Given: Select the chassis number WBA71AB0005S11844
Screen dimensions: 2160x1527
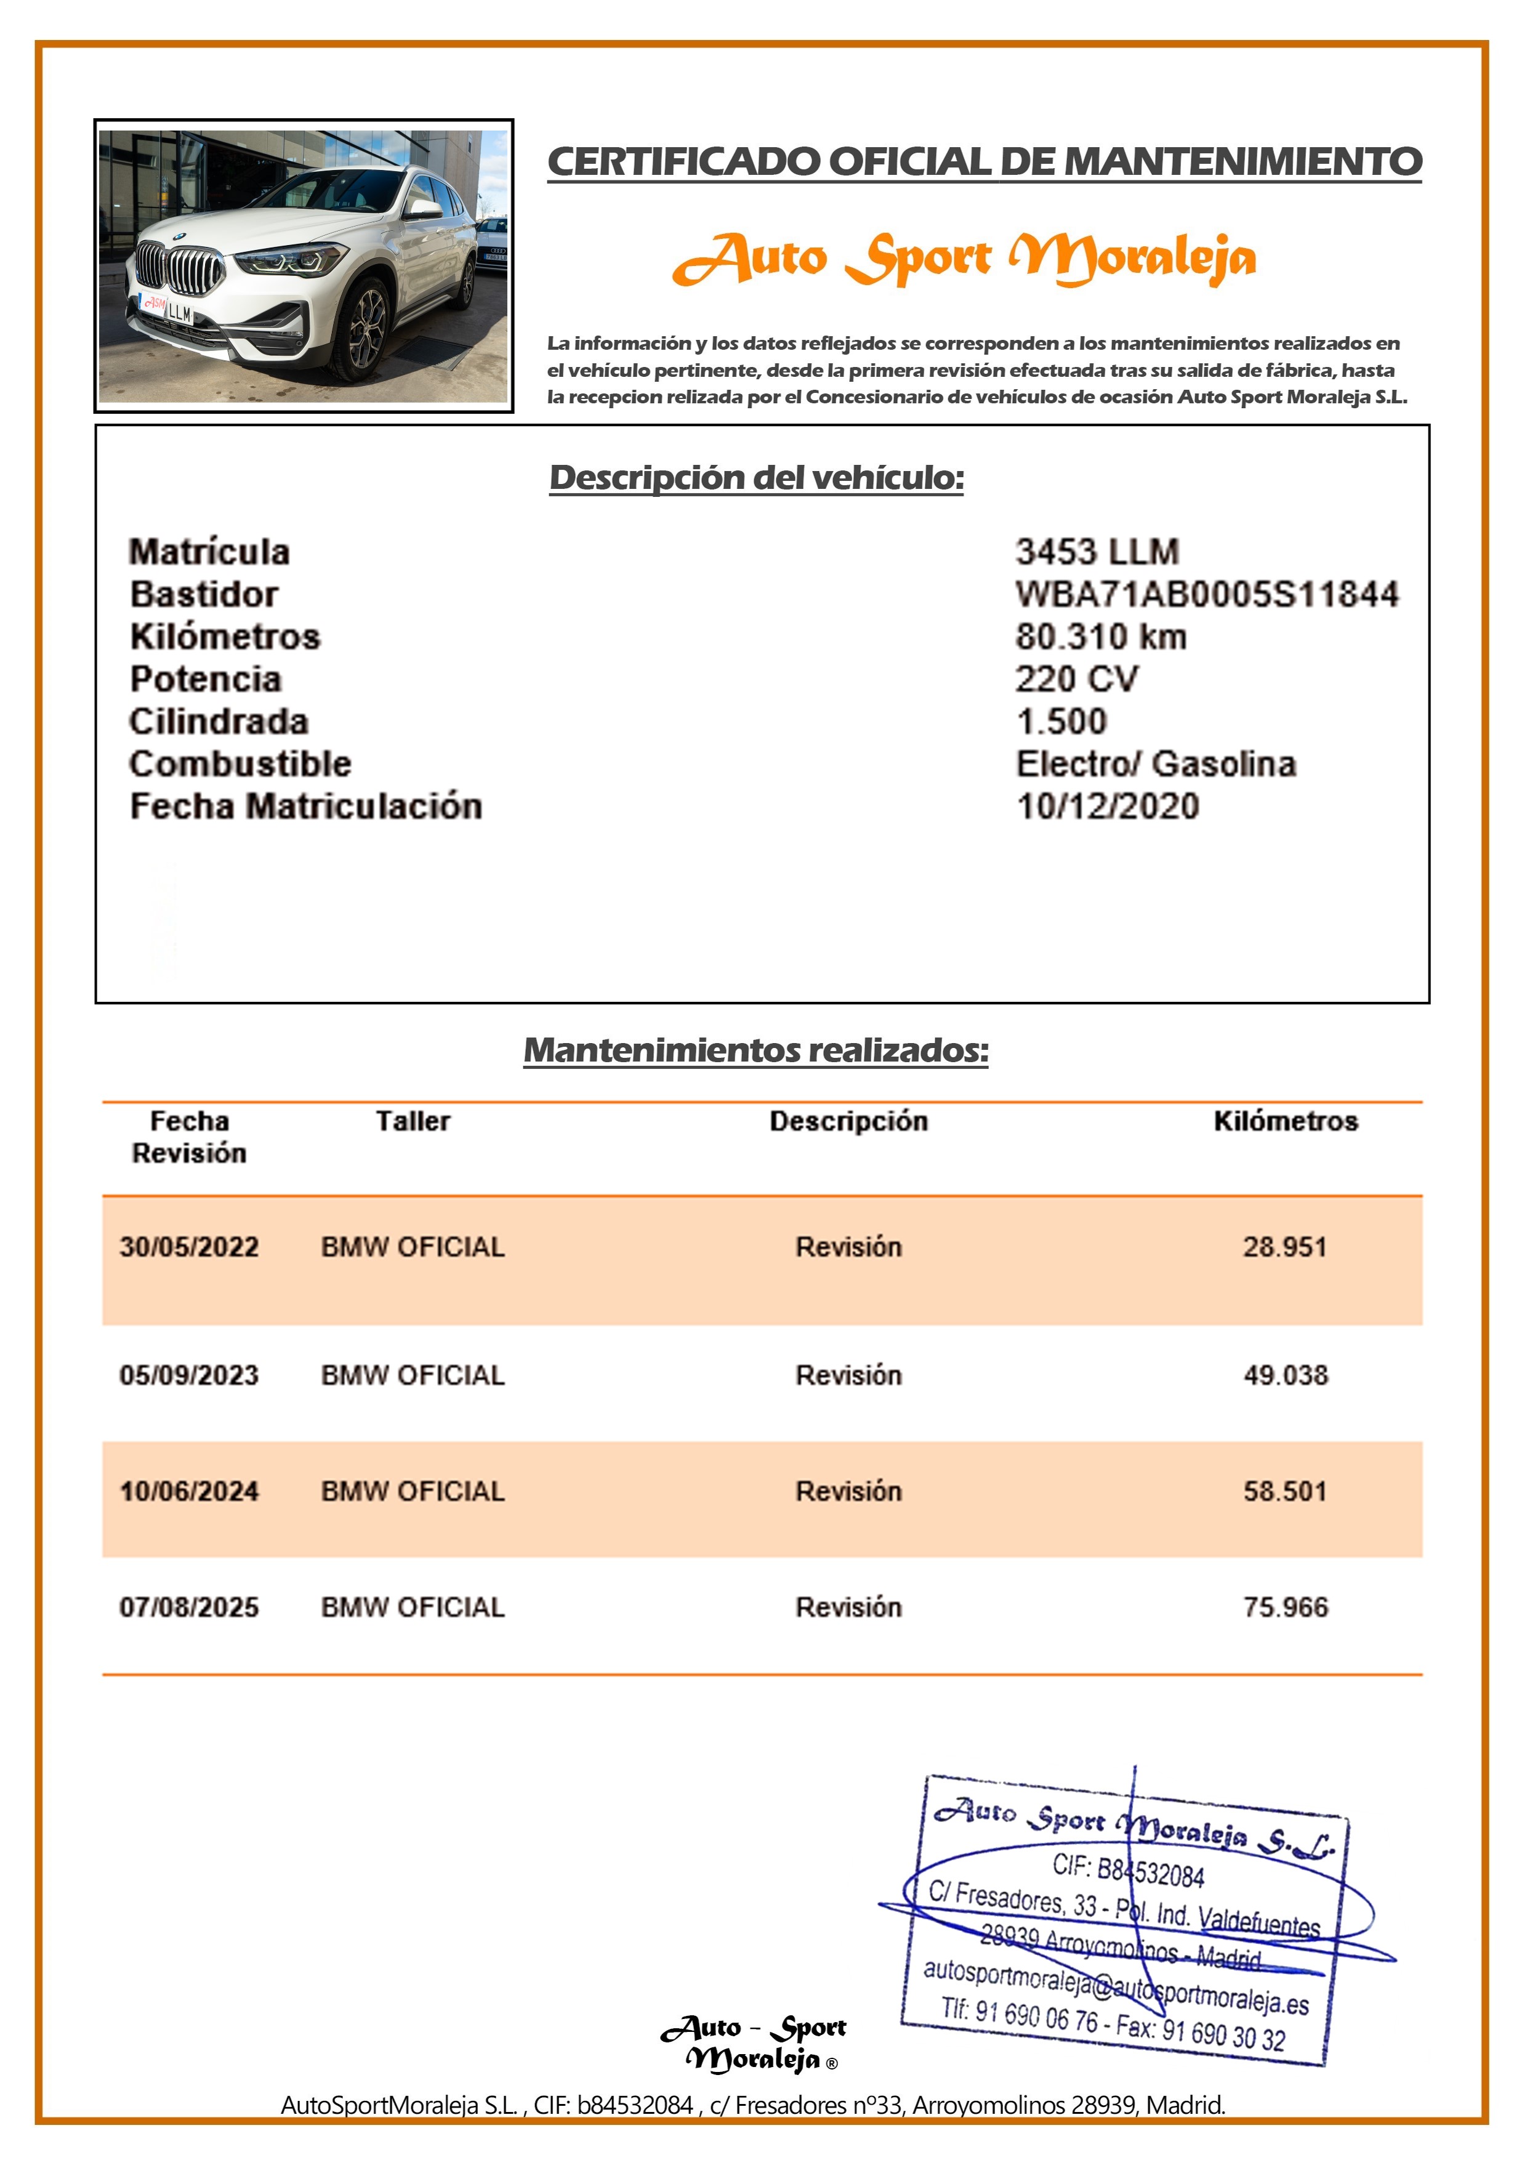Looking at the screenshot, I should click(x=1206, y=595).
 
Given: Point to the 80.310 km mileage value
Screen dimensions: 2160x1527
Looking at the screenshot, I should click(x=1100, y=637).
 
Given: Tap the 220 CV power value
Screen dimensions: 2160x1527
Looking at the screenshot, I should click(x=1076, y=679).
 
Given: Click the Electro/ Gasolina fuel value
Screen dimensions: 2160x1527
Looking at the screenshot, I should click(x=1155, y=764).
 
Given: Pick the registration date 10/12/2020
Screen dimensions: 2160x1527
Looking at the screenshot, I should click(x=1107, y=806).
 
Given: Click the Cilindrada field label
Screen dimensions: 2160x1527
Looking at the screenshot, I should click(x=219, y=722).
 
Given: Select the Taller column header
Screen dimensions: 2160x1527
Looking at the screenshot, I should click(x=413, y=1121).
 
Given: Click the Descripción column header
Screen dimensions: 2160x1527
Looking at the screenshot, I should click(x=848, y=1121).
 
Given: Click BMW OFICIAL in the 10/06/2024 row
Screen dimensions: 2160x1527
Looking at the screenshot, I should click(x=413, y=1491).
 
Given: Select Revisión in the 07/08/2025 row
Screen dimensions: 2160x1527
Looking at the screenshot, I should click(x=848, y=1607).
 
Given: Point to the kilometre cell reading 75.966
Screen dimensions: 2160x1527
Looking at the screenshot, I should click(x=1285, y=1607).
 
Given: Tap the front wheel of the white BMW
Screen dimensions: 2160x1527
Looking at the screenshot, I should click(x=365, y=330).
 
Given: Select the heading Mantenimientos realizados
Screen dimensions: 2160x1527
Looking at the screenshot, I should click(x=755, y=1050).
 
